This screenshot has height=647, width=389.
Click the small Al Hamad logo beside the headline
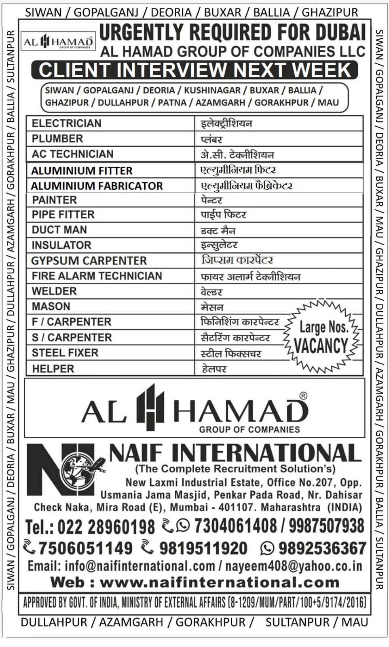[x=58, y=42]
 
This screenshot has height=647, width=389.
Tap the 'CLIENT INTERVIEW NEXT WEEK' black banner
[x=194, y=70]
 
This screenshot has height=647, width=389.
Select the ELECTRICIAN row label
[x=66, y=123]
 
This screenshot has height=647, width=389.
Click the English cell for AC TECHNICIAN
[x=73, y=154]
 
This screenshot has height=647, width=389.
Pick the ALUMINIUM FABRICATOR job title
[x=97, y=186]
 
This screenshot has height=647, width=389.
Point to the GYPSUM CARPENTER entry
[x=89, y=261]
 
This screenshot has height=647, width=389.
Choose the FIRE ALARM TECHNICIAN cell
[x=97, y=276]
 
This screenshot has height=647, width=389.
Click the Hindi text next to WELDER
[x=211, y=292]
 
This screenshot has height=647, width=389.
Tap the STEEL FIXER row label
[x=65, y=353]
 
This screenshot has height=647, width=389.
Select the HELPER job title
[x=53, y=369]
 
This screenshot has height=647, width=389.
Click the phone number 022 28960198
[x=106, y=527]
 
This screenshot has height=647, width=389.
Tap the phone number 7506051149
[x=85, y=548]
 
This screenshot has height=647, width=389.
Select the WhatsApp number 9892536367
[x=322, y=548]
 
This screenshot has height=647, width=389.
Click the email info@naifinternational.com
[x=140, y=566]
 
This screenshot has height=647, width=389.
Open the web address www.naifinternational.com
[x=219, y=582]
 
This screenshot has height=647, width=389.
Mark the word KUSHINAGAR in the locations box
[x=212, y=90]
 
